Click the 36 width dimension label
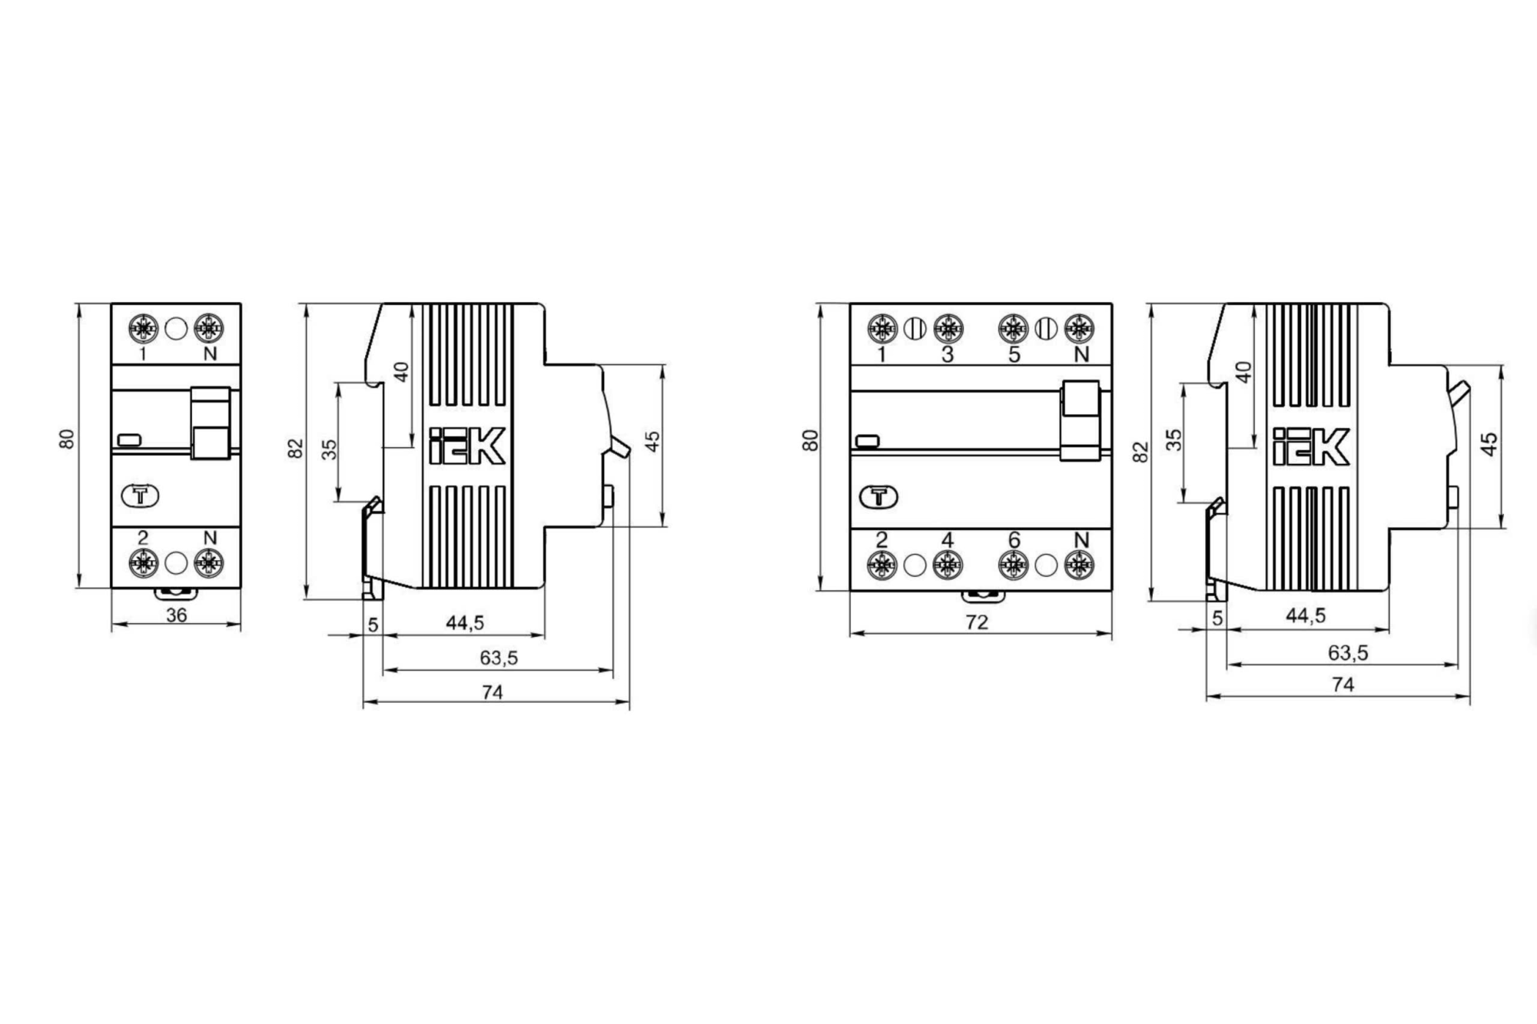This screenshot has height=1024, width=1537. coord(177,615)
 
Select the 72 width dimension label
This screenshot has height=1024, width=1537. coord(977,622)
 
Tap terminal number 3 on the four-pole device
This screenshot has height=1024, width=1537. coord(948,354)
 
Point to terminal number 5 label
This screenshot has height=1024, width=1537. coord(1014,354)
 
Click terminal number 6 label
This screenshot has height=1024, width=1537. coord(1014,540)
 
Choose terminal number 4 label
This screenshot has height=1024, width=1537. coord(948,540)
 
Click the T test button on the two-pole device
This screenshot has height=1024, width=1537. coord(141,496)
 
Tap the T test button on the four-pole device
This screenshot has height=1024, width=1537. coord(879,497)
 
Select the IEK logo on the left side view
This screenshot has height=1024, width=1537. coord(466,446)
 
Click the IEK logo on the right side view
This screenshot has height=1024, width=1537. coord(1311,446)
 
